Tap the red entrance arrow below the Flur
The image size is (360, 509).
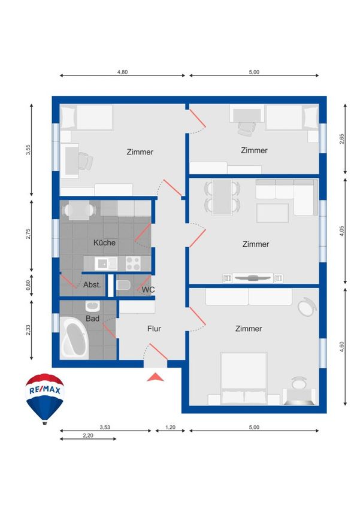[156, 377]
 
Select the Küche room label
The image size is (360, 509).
[105, 243]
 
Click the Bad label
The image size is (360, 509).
[92, 319]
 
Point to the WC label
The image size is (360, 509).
[148, 289]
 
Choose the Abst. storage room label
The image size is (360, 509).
[92, 284]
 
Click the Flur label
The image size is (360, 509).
[154, 329]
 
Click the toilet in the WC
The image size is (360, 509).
[123, 285]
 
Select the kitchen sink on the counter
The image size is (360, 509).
[105, 263]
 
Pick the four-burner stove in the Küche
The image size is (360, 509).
[133, 263]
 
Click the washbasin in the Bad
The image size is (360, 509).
[93, 306]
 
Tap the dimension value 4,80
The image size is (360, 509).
[122, 72]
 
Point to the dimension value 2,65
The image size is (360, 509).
[341, 139]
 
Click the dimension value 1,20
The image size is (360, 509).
[170, 427]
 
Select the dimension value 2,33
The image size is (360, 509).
[28, 330]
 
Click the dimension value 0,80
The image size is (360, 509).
[28, 285]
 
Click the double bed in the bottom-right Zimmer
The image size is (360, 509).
[244, 378]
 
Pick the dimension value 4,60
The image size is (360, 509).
[341, 347]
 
